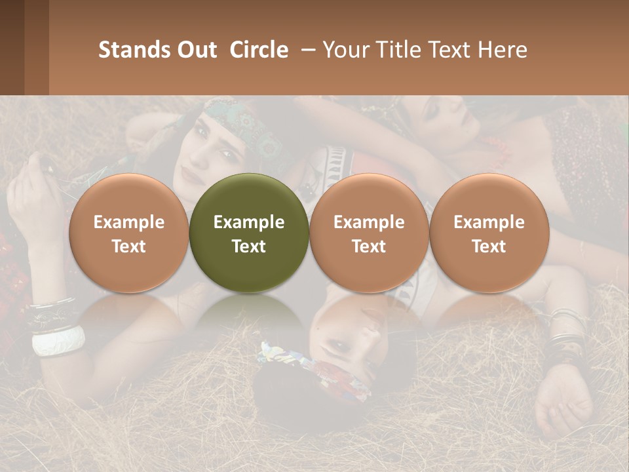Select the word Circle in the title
click(x=259, y=50)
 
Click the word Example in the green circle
click(x=249, y=222)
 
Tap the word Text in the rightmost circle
click(x=489, y=246)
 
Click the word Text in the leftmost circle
click(x=129, y=246)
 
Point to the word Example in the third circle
click(x=369, y=222)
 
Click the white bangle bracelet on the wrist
click(x=58, y=341)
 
